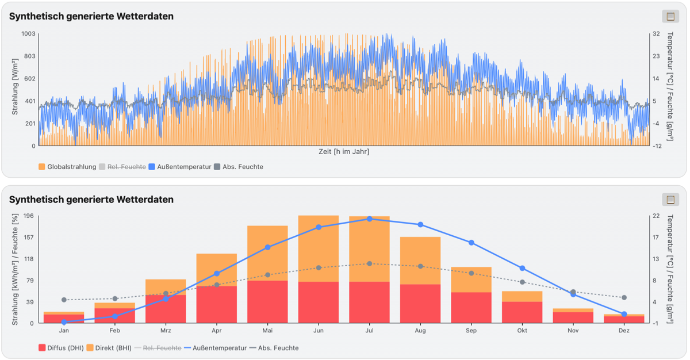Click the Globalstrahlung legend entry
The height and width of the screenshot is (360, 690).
pos(67,167)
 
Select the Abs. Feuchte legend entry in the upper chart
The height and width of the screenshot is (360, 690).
pos(239,167)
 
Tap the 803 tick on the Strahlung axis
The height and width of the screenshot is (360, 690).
pos(30,56)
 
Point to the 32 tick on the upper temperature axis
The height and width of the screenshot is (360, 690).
pos(656,33)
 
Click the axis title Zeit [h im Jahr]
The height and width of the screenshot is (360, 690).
pos(344,151)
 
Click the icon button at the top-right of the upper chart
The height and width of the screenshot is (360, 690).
pos(670,16)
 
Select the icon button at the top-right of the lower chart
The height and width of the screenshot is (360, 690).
pos(670,200)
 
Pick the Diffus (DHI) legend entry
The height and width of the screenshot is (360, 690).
pos(61,348)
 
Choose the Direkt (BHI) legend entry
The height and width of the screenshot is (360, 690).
pos(109,348)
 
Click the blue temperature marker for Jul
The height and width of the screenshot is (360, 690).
pos(370,219)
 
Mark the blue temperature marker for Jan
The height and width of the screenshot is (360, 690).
pos(64,322)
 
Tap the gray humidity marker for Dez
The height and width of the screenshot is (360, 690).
pos(624,297)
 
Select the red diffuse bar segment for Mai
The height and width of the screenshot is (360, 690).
pos(267,302)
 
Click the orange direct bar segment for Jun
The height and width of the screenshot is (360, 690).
pos(319,248)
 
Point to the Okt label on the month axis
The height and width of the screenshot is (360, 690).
pos(522,331)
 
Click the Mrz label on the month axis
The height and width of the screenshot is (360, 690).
pos(166,331)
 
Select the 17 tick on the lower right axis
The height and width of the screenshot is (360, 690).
pos(656,238)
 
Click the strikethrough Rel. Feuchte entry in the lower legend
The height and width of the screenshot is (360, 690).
pos(158,348)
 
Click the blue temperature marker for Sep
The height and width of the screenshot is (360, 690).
pos(471,243)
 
